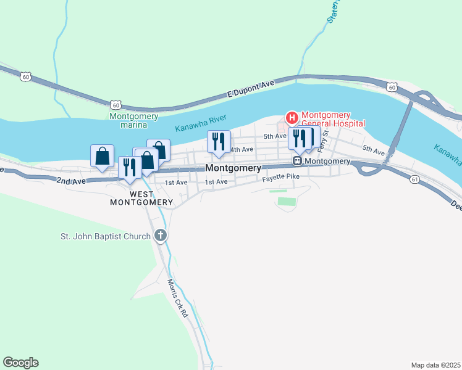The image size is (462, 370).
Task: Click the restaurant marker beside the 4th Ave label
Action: point(218,142)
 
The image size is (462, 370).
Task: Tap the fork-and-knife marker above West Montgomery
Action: point(130,168)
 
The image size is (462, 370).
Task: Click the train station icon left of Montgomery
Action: point(297,161)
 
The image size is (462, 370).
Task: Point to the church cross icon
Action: point(161,236)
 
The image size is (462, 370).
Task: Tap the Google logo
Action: point(20,362)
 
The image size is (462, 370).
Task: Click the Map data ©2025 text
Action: point(435,365)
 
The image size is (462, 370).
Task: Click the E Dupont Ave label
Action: point(250,89)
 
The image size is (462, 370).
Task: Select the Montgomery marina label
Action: point(133,120)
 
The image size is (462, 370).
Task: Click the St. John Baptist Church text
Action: point(105,236)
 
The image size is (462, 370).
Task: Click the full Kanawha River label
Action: point(201,123)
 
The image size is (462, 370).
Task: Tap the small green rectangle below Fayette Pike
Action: point(287,201)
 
